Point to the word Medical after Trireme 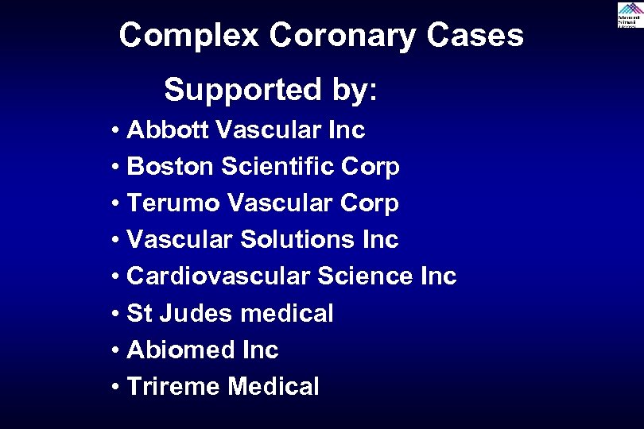pyautogui.click(x=274, y=387)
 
